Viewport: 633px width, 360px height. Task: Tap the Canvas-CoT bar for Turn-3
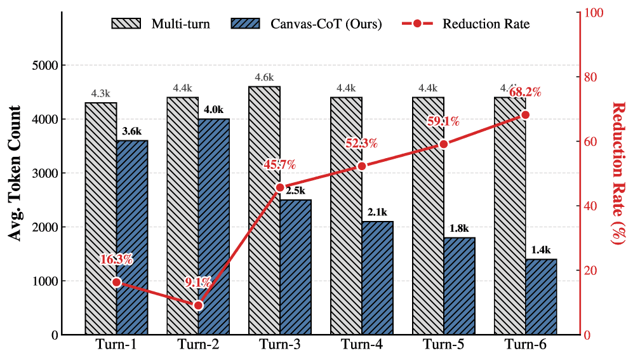pyautogui.click(x=296, y=267)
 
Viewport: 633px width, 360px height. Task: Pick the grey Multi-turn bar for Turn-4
pyautogui.click(x=346, y=216)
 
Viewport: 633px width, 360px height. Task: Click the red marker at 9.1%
pyautogui.click(x=198, y=305)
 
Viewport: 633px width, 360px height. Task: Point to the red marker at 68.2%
pyautogui.click(x=525, y=115)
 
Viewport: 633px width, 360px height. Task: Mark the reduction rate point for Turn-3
pyautogui.click(x=280, y=187)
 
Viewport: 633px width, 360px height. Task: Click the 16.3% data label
pyautogui.click(x=116, y=259)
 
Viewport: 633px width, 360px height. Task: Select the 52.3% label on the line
pyautogui.click(x=361, y=143)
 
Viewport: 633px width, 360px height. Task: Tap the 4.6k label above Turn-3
pyautogui.click(x=264, y=77)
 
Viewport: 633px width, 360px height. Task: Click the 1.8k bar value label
pyautogui.click(x=459, y=229)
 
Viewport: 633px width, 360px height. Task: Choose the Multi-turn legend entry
pyautogui.click(x=161, y=24)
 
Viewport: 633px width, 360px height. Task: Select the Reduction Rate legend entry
pyautogui.click(x=466, y=24)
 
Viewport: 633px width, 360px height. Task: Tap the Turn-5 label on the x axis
pyautogui.click(x=443, y=345)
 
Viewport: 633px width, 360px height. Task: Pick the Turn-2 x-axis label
pyautogui.click(x=198, y=345)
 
